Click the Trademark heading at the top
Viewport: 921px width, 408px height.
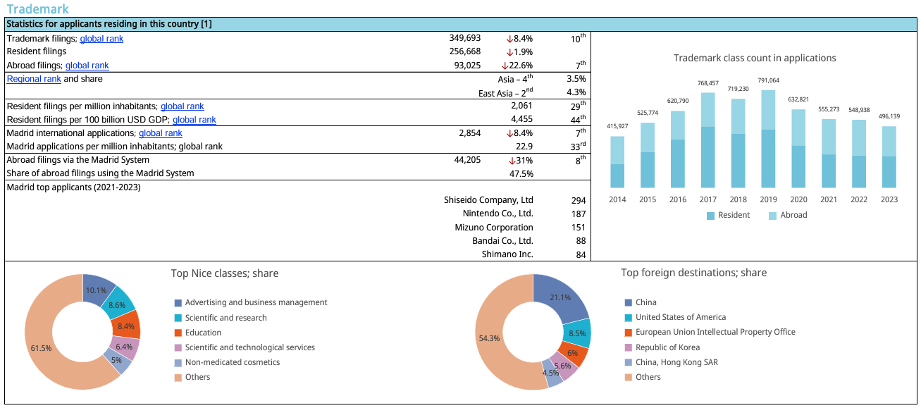click(38, 9)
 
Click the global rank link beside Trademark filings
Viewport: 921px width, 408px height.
click(101, 39)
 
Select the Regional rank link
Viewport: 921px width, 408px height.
click(34, 79)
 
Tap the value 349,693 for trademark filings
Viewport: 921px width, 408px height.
click(464, 39)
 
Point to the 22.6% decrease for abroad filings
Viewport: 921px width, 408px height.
click(517, 66)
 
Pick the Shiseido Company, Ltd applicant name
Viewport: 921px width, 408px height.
click(488, 200)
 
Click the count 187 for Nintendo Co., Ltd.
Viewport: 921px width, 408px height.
click(579, 214)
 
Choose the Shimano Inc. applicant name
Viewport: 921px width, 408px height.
click(507, 254)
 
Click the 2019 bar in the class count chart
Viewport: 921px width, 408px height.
click(769, 141)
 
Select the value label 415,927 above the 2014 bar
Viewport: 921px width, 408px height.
click(617, 126)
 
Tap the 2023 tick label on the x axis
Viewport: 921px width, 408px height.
click(889, 199)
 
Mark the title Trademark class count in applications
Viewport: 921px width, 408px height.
click(755, 58)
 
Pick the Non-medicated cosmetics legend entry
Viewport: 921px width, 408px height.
click(232, 362)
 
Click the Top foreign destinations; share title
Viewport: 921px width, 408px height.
click(693, 273)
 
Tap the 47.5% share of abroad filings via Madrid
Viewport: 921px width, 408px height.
click(521, 173)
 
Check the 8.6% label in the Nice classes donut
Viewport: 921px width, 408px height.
click(118, 305)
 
